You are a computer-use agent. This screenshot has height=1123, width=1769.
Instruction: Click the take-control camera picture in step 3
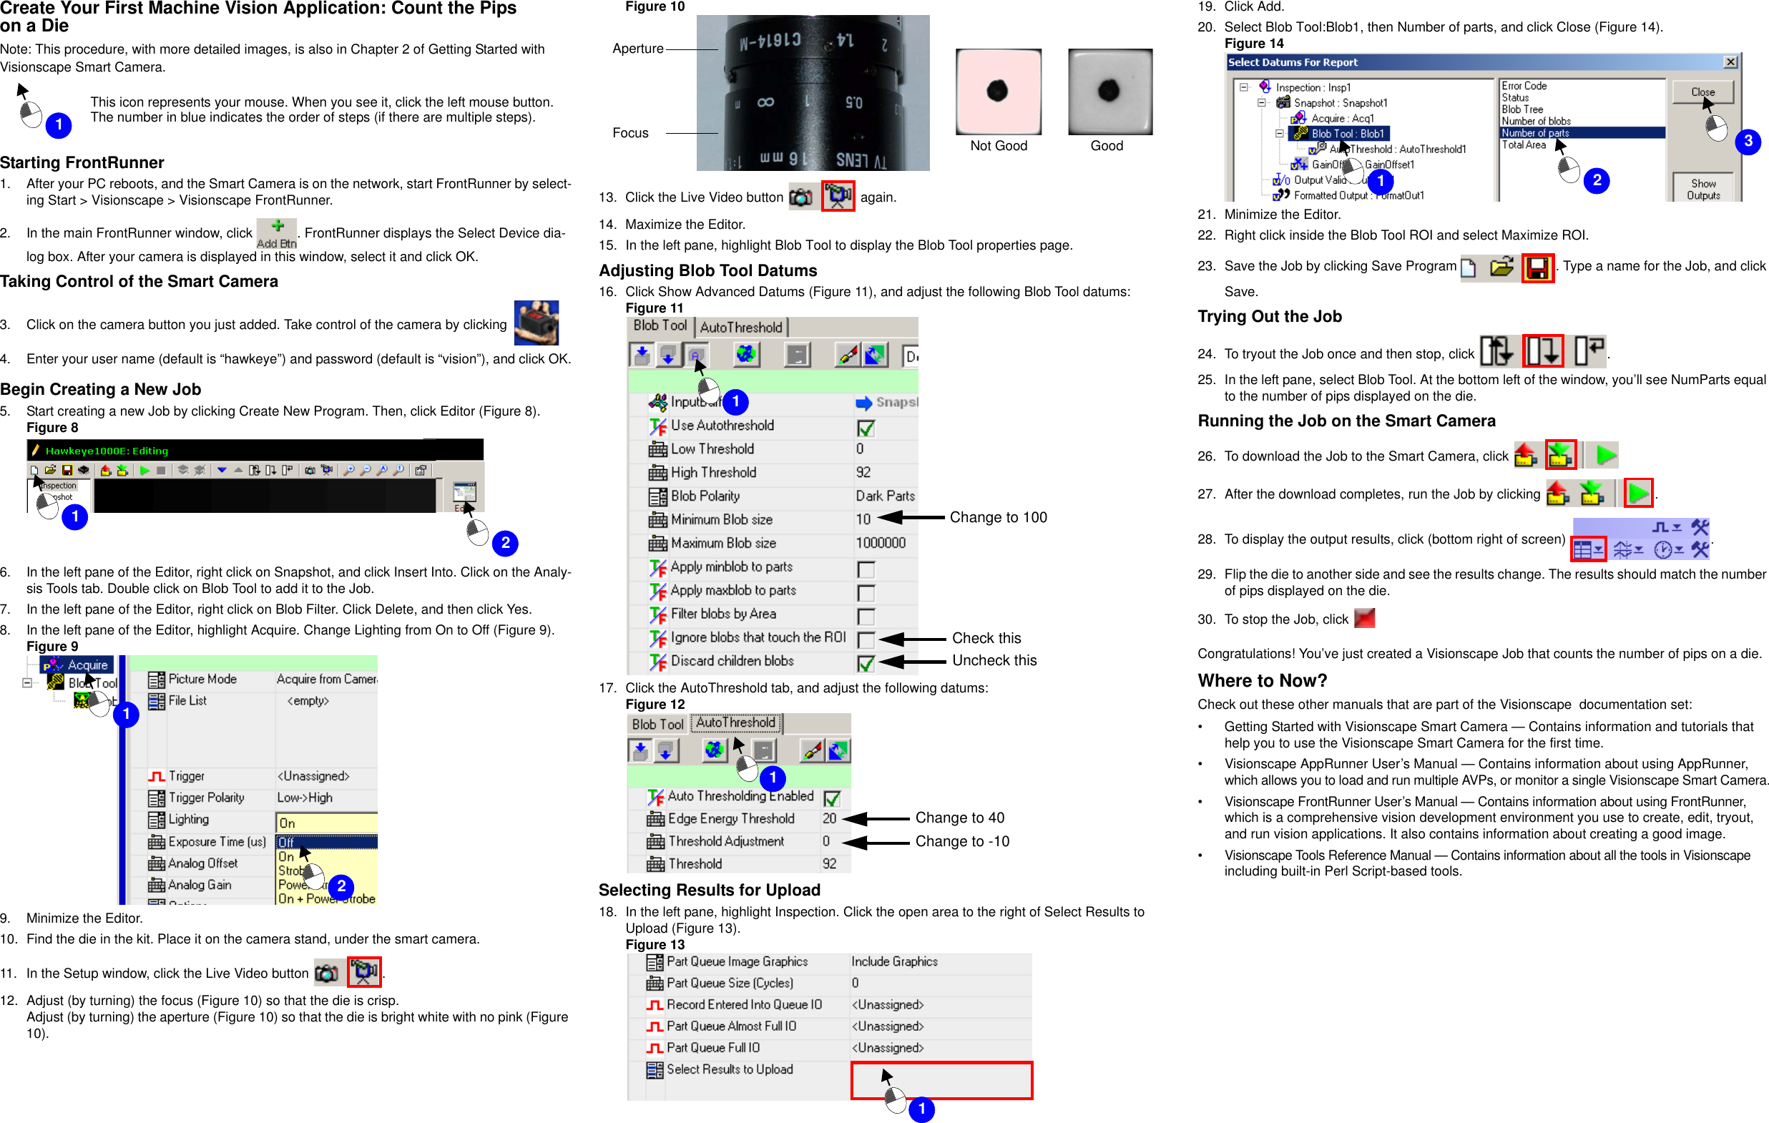536,323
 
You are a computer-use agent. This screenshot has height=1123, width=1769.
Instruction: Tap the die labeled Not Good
998,92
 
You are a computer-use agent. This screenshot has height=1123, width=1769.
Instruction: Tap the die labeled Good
1109,92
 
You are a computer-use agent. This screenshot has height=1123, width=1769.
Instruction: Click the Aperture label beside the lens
637,49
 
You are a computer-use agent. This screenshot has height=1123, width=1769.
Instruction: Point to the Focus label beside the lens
630,133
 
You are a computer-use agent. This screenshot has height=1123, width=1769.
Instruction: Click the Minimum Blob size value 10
863,519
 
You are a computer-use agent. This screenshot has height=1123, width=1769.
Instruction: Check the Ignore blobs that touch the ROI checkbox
866,639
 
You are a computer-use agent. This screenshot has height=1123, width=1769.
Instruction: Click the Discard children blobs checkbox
866,663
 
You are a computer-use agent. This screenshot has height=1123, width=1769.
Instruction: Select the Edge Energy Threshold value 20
829,818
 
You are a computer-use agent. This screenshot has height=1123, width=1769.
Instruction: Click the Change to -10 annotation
961,842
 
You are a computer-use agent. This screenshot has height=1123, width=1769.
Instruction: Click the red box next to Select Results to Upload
942,1079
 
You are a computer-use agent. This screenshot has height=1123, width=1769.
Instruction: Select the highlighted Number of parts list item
1580,133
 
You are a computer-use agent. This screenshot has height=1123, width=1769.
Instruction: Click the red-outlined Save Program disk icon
1537,268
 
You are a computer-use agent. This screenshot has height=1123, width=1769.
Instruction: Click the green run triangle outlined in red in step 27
1637,493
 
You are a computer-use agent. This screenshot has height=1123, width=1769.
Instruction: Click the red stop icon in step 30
1364,619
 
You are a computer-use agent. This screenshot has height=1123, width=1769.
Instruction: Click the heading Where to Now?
1262,680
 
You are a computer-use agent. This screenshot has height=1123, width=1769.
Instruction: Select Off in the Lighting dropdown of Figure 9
325,842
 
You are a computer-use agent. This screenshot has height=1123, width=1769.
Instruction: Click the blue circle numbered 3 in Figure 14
1748,141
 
